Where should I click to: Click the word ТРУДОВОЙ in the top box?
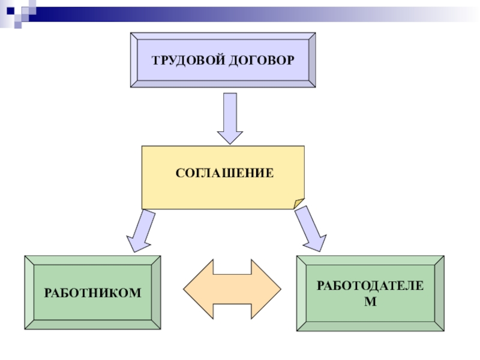(187, 61)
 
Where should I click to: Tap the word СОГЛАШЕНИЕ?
(224, 173)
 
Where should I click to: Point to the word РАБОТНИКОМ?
(92, 293)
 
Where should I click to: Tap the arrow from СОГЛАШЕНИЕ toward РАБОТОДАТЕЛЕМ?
(311, 229)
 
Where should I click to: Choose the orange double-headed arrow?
(232, 289)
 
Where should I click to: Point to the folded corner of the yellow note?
(298, 202)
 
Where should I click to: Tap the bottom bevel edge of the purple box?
(223, 84)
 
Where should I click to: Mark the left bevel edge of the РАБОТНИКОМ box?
(28, 293)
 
